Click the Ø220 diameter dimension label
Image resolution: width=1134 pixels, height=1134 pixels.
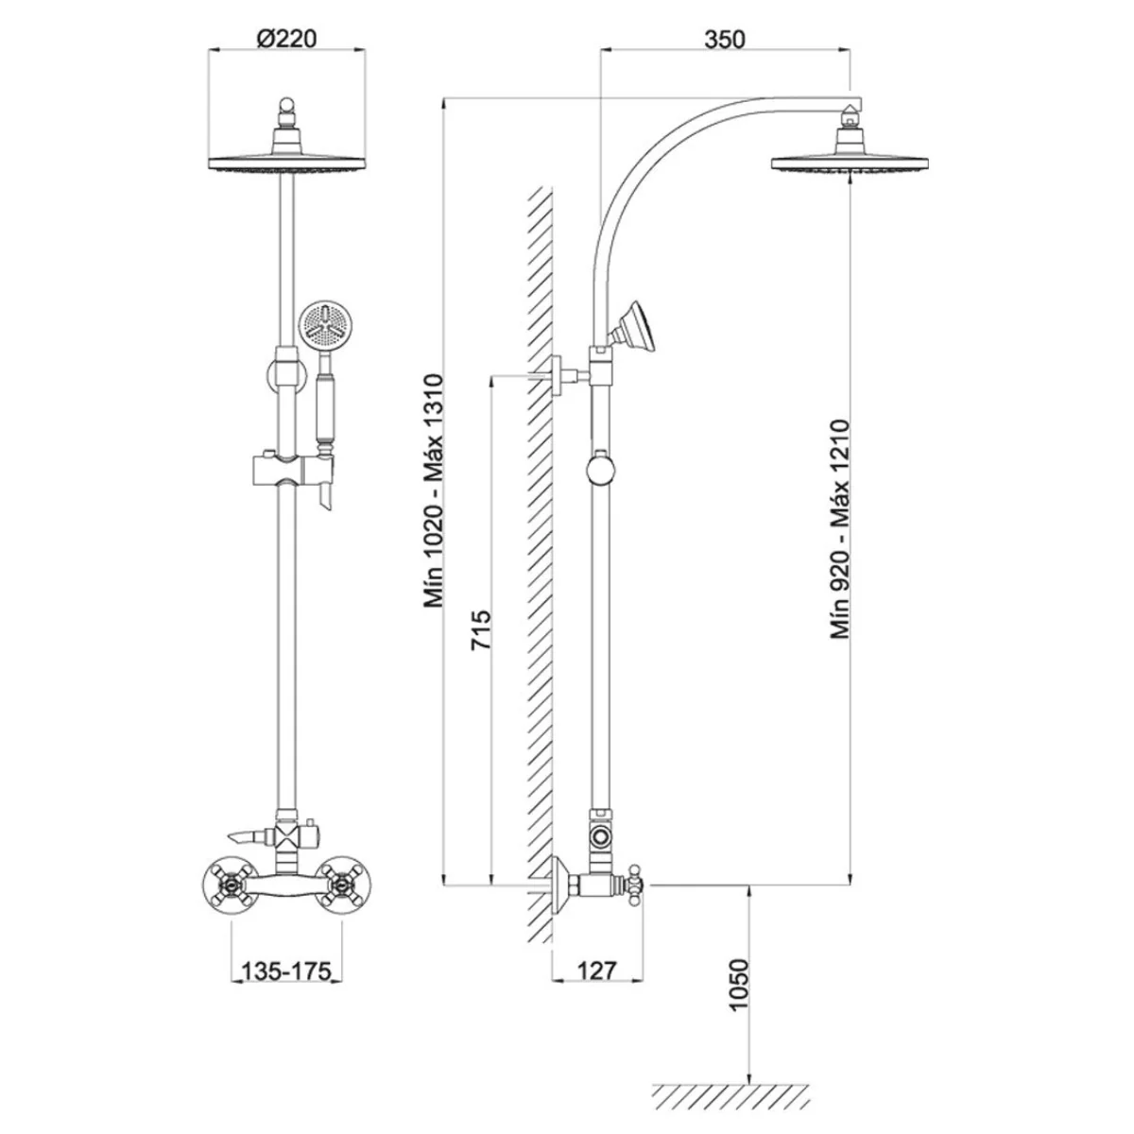coord(286,39)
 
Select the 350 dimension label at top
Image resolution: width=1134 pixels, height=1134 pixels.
coord(725,40)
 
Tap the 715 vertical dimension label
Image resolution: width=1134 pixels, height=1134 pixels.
coord(481,629)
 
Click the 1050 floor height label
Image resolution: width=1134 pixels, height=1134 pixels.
coord(738,993)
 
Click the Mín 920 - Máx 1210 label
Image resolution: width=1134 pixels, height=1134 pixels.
coord(840,528)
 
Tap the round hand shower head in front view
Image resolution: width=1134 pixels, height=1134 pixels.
coord(320,327)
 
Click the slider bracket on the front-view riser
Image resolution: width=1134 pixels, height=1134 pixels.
coord(294,472)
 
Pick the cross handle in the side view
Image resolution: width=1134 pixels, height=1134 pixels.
coord(636,885)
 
